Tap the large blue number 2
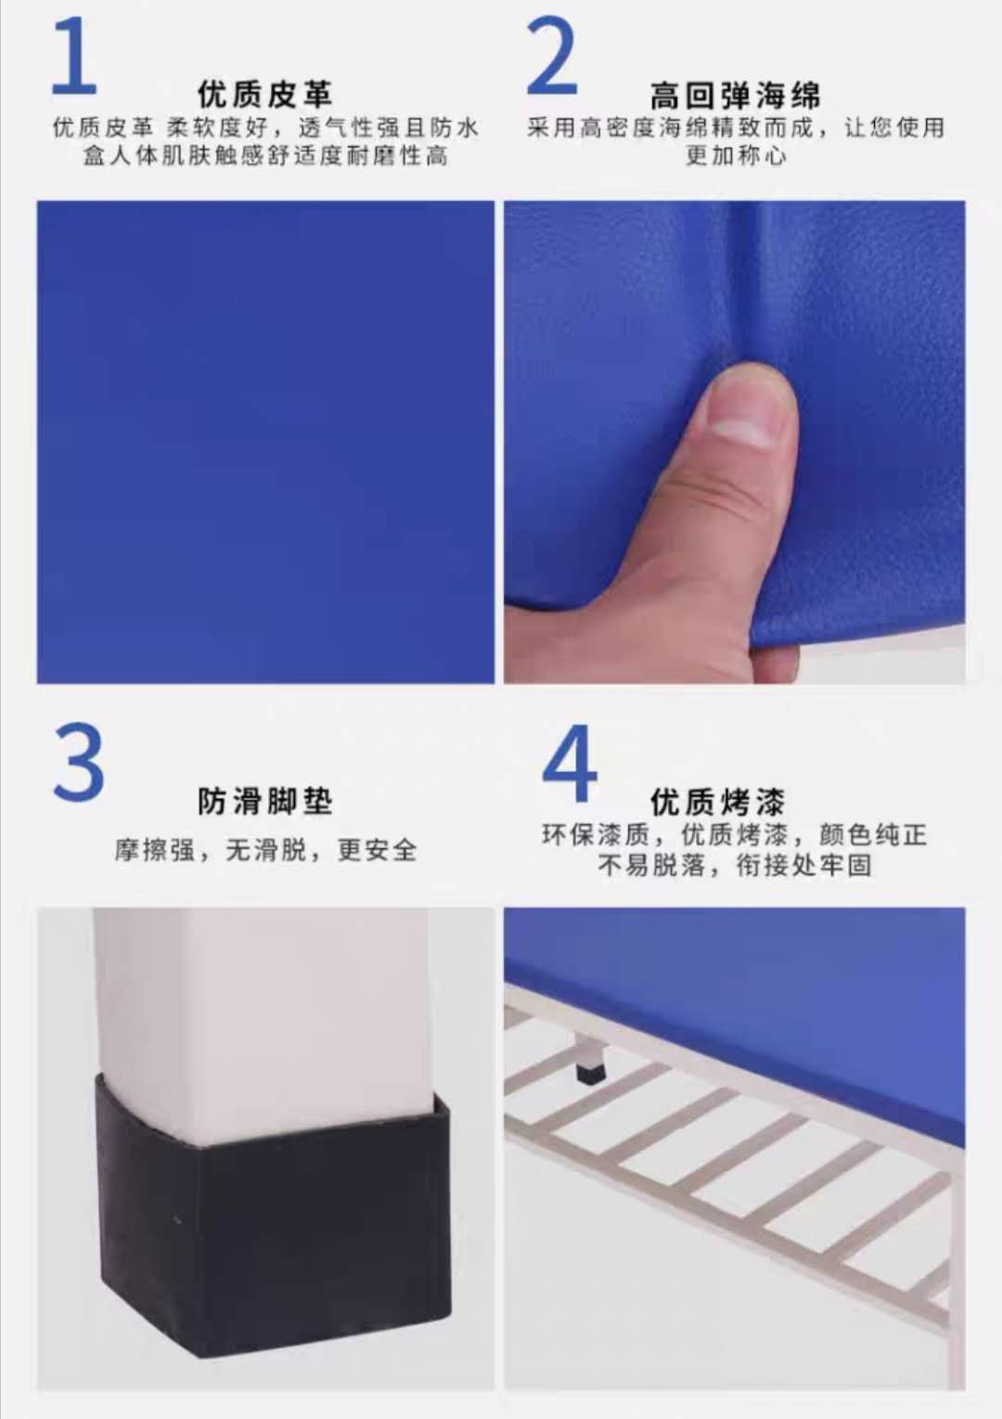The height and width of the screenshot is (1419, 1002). point(552,56)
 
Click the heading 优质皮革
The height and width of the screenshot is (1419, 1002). point(264,95)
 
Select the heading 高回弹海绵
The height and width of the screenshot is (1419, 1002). point(736,96)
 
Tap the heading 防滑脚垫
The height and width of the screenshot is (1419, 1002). point(264,801)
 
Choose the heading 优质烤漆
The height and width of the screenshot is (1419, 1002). point(718,802)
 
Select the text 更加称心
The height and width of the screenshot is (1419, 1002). point(736,155)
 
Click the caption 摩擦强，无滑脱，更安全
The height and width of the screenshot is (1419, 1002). point(265,850)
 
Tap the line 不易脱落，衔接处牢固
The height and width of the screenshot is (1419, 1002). point(736,865)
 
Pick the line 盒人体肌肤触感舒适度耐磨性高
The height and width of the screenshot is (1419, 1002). point(265,155)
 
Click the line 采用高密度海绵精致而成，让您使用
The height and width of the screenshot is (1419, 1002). point(736,128)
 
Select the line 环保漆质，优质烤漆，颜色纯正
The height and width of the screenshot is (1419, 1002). point(735,835)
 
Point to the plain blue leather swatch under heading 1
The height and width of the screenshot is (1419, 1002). point(265,442)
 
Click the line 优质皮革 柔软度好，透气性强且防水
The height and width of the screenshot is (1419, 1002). point(265,128)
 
